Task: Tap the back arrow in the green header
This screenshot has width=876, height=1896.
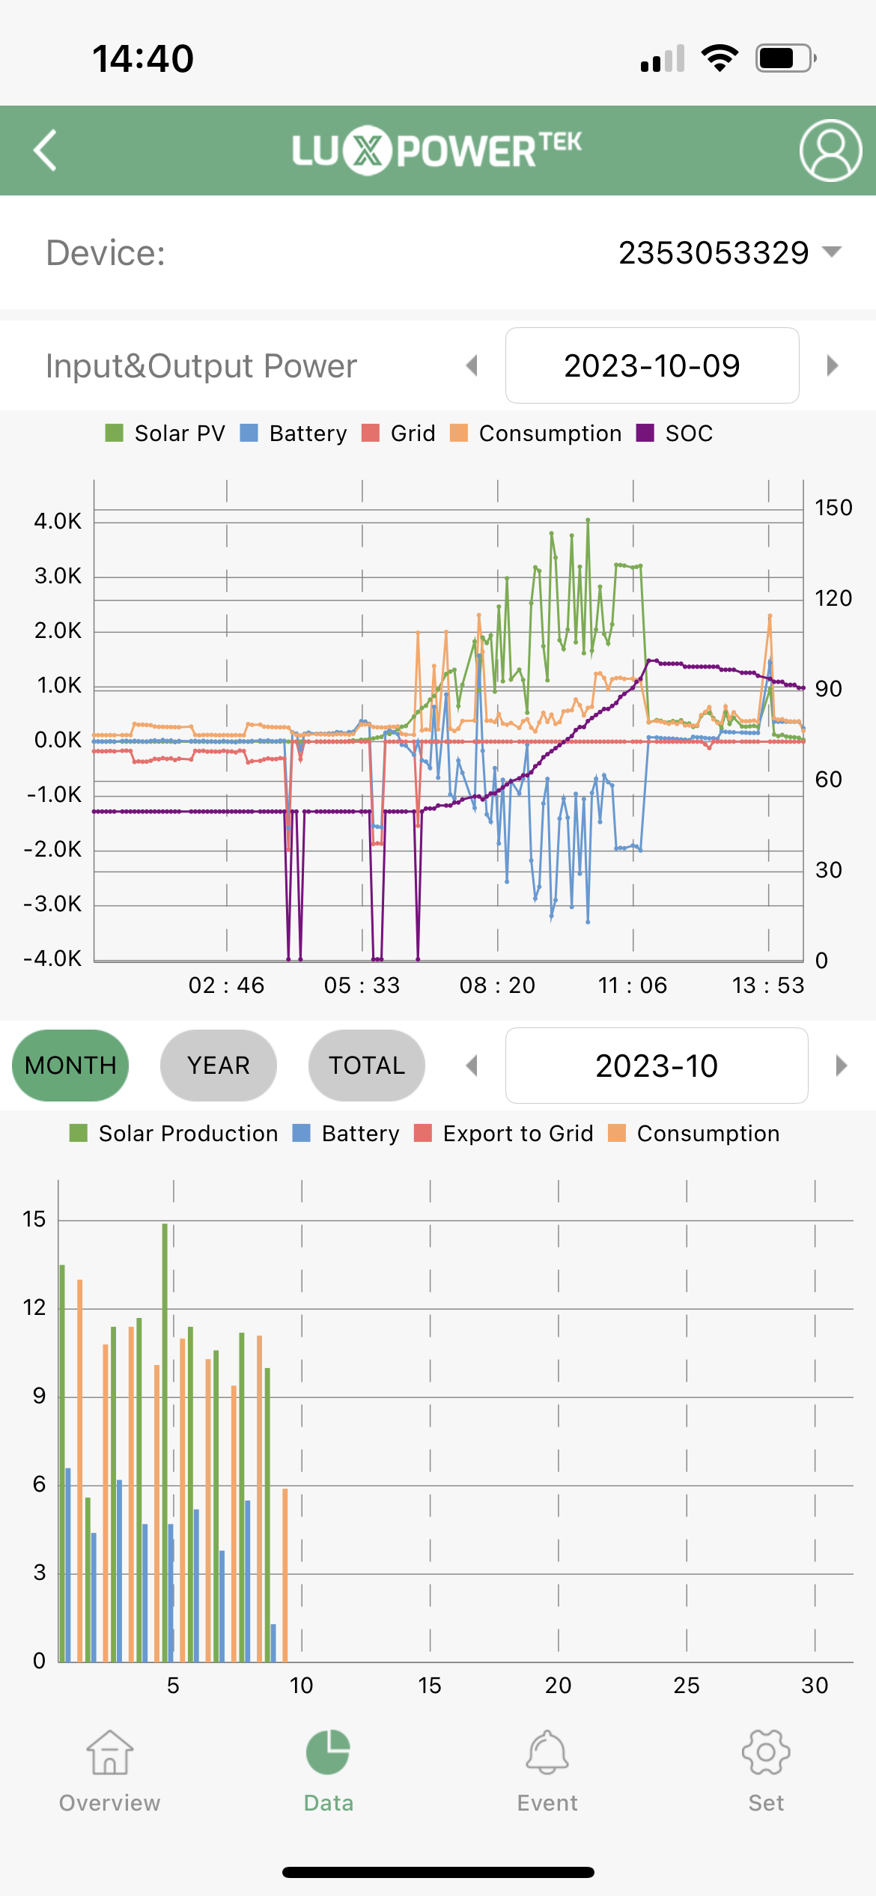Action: [x=45, y=151]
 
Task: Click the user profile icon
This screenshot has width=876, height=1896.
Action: [x=830, y=151]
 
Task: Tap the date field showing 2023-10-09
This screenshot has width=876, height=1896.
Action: [x=651, y=366]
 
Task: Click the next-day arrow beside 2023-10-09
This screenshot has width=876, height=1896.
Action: [x=832, y=366]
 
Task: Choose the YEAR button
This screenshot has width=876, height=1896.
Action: [x=218, y=1066]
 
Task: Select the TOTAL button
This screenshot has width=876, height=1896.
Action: [x=366, y=1066]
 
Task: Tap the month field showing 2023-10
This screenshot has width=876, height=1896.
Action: [x=656, y=1066]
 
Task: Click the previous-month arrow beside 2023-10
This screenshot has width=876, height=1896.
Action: [x=472, y=1066]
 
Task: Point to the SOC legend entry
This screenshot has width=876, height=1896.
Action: [x=675, y=434]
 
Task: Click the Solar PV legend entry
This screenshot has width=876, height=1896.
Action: [x=166, y=434]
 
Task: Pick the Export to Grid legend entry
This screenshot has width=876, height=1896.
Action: [x=504, y=1134]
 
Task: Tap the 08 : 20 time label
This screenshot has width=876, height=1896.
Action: [x=497, y=985]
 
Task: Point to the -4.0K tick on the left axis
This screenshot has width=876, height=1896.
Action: [x=52, y=958]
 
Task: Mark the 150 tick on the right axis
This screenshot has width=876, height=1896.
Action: [x=833, y=508]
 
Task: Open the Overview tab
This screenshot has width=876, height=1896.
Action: [x=109, y=1771]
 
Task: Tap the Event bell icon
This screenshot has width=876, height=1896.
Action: [x=547, y=1753]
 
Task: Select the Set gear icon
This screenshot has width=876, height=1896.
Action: [x=765, y=1753]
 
